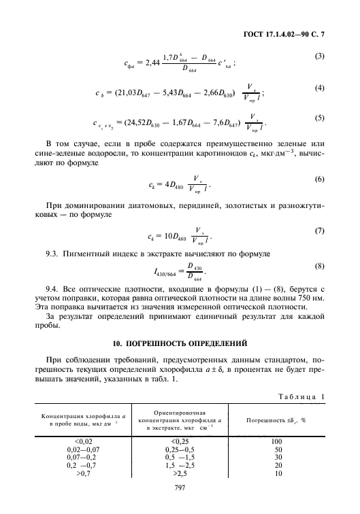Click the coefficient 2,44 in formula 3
point(153,63)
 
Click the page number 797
point(180,489)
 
